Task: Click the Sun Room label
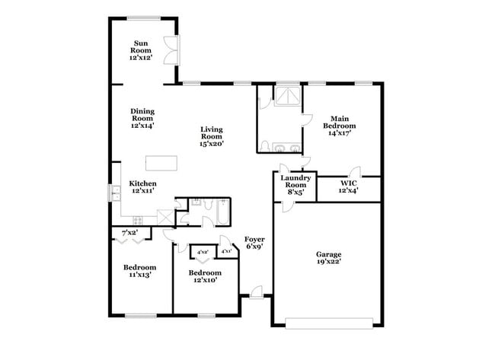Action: point(142,48)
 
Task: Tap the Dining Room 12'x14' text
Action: point(142,119)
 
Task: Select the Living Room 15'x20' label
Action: point(212,136)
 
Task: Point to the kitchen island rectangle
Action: point(161,162)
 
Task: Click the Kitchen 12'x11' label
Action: point(142,187)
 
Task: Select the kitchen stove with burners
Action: point(163,217)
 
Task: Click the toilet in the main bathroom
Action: point(263,145)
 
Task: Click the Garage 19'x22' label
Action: point(328,257)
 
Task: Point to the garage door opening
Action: point(328,320)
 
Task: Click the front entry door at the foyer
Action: point(255,292)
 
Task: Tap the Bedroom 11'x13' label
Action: point(140,271)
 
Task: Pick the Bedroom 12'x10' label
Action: point(205,276)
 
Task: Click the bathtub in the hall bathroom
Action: point(222,214)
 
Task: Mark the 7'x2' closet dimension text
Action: point(130,231)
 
